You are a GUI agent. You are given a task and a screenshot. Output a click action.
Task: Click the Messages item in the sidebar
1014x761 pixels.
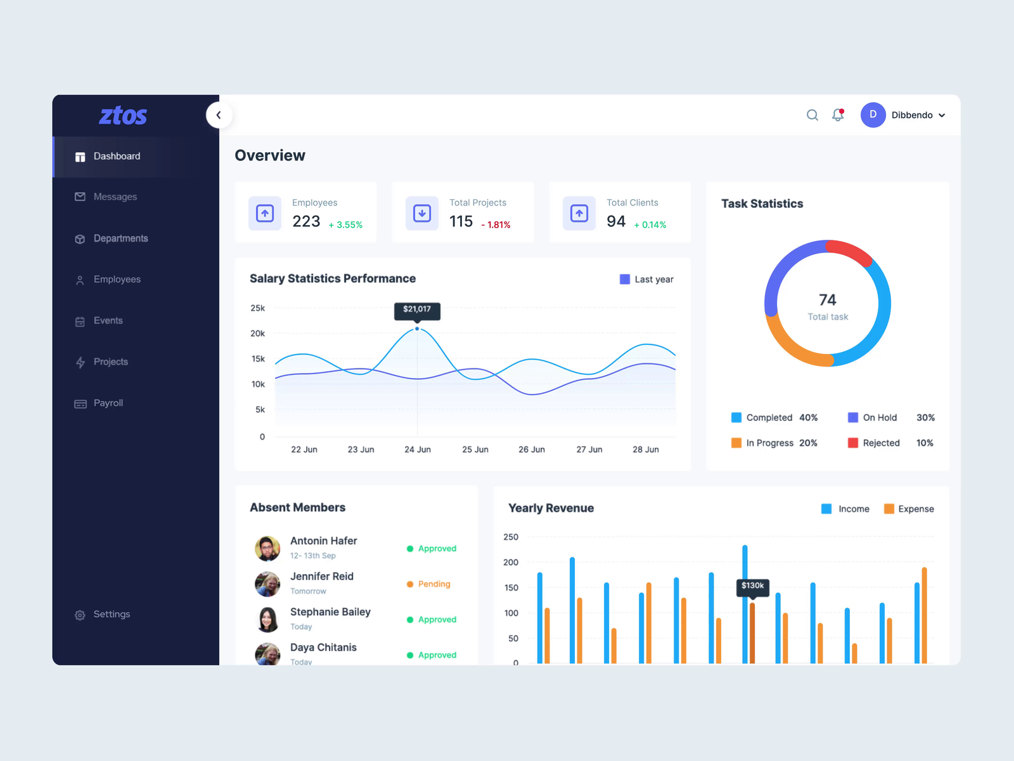[x=115, y=197]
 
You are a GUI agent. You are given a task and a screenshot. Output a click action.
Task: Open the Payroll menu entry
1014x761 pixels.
[x=108, y=403]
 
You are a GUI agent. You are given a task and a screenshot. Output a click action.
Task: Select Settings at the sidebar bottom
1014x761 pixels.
[x=112, y=615]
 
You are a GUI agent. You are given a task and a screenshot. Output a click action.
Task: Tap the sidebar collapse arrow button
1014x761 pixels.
[x=219, y=115]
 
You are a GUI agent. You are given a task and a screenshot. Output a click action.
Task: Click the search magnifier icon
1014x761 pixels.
[x=812, y=115]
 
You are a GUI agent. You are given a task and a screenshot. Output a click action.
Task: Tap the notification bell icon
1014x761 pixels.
[x=838, y=115]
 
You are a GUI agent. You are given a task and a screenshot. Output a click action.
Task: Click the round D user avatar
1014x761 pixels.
[x=873, y=115]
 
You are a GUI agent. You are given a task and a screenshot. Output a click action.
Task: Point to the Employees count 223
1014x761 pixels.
[x=306, y=221]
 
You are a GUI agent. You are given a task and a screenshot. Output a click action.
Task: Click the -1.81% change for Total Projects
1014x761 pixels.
[x=496, y=225]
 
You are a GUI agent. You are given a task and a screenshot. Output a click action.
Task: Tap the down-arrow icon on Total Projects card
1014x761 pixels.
[x=422, y=213]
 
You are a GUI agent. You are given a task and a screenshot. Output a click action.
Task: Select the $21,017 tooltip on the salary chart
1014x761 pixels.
[x=417, y=309]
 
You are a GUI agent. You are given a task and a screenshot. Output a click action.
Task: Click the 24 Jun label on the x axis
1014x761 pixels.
[x=418, y=450]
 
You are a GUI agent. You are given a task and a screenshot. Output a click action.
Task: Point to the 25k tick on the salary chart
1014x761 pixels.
[x=258, y=308]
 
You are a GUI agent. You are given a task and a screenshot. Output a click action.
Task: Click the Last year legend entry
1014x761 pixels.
[x=646, y=280]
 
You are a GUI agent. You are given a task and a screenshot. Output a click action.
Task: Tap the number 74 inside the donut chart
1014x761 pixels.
[x=827, y=299]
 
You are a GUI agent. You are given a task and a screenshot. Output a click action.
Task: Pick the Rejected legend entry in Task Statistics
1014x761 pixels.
[x=880, y=443]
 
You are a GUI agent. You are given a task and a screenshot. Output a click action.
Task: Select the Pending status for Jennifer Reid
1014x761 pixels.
[x=433, y=584]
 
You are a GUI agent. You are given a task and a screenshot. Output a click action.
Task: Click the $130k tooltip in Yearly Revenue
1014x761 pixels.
[x=752, y=586]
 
